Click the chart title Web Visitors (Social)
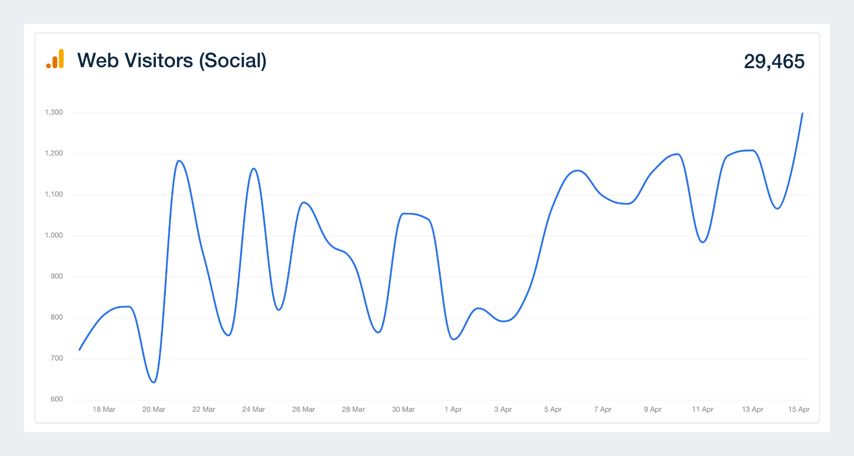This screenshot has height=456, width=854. click(x=171, y=61)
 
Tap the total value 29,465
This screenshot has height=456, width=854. click(x=774, y=62)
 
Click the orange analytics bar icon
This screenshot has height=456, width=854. click(x=55, y=59)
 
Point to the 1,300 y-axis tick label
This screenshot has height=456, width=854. click(x=54, y=112)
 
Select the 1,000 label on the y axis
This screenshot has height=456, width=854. click(x=54, y=236)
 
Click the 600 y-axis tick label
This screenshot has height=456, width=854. click(x=57, y=399)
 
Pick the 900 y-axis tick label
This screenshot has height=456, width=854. click(x=57, y=277)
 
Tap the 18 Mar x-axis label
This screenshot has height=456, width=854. click(x=104, y=409)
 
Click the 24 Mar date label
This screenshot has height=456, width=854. click(x=254, y=409)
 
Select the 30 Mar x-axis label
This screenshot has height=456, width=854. click(x=403, y=409)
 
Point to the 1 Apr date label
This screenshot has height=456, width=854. click(x=453, y=409)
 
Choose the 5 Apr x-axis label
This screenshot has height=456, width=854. click(x=553, y=409)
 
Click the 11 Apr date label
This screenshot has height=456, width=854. click(x=703, y=409)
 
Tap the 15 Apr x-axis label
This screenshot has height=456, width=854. click(x=798, y=409)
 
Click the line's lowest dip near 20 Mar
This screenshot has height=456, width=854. click(x=154, y=382)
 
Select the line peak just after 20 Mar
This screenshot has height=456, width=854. click(x=179, y=161)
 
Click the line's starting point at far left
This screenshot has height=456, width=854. click(x=80, y=350)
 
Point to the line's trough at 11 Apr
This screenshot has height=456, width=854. click(x=703, y=242)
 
